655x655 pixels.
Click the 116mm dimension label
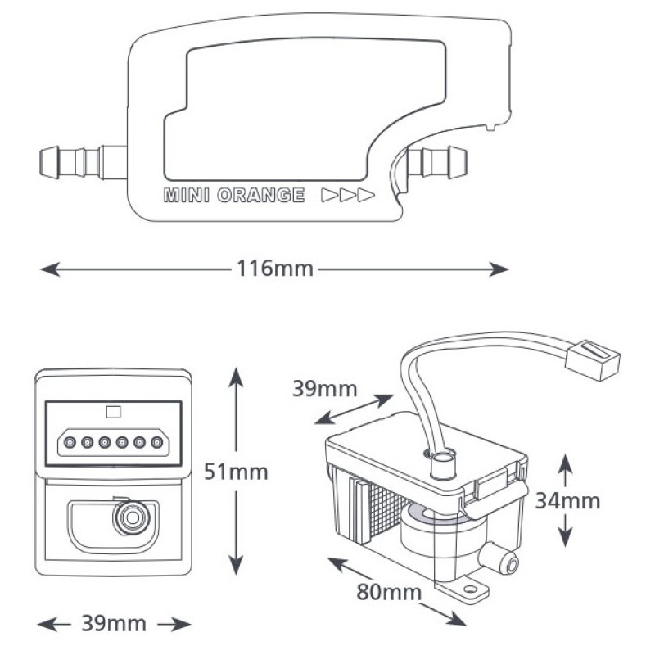tap(275, 269)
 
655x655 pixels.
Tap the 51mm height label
tap(236, 472)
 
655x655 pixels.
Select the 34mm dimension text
tap(567, 500)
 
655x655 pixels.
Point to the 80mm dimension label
tap(389, 592)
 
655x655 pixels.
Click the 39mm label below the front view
tap(114, 624)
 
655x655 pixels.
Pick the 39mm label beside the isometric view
tap(324, 388)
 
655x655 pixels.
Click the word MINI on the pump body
tap(187, 195)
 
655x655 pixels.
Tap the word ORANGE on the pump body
tap(261, 195)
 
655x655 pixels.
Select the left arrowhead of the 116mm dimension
tap(50, 269)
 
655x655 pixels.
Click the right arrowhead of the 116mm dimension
tap(499, 269)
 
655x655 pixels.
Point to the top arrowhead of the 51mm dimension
tap(236, 377)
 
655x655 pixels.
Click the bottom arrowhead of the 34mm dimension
tap(565, 537)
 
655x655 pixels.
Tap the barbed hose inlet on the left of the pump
tap(84, 163)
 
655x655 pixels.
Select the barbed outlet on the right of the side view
tap(437, 162)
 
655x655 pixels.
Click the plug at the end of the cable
tap(592, 360)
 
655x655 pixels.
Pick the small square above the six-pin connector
tap(113, 413)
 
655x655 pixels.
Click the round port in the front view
tap(133, 518)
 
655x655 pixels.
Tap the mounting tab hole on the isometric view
tap(470, 589)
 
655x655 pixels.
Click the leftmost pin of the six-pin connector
tap(70, 442)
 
